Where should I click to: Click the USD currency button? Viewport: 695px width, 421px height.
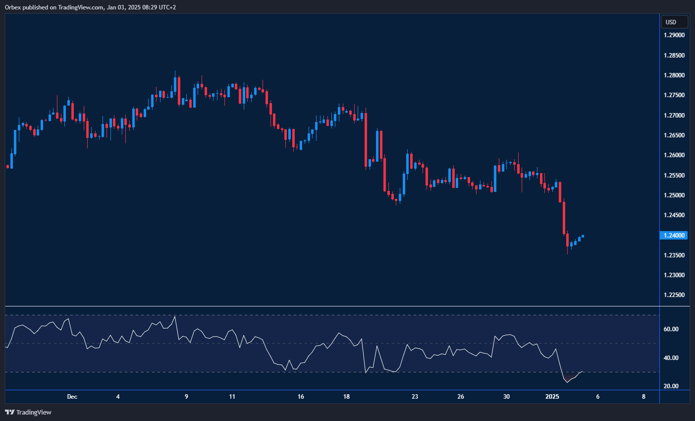(x=674, y=22)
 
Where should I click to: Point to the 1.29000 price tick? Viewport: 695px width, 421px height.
(x=674, y=35)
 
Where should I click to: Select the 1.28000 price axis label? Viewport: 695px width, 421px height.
(x=674, y=75)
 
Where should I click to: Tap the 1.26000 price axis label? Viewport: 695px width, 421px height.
(x=674, y=155)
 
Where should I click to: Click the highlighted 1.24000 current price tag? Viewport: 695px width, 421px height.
(x=674, y=236)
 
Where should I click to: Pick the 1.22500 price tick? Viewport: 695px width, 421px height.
(x=674, y=295)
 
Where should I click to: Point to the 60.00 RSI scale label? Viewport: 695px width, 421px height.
(x=671, y=329)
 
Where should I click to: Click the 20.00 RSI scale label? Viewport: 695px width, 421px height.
(x=671, y=386)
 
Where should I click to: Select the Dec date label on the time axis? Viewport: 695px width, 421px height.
(x=72, y=397)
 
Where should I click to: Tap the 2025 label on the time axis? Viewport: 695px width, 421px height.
(x=552, y=397)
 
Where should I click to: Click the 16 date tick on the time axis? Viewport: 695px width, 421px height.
(x=301, y=397)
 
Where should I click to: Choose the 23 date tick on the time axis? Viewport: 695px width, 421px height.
(x=415, y=397)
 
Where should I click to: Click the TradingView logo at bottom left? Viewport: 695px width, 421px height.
(x=28, y=412)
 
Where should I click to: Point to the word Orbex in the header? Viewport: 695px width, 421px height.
(x=12, y=7)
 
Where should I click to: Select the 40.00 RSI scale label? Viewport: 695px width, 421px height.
(x=671, y=358)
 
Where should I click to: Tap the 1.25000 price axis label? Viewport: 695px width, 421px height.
(x=674, y=195)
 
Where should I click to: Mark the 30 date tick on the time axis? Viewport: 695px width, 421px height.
(x=506, y=397)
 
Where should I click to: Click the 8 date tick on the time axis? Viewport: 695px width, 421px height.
(x=643, y=397)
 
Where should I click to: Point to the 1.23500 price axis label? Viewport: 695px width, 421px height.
(x=674, y=255)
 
